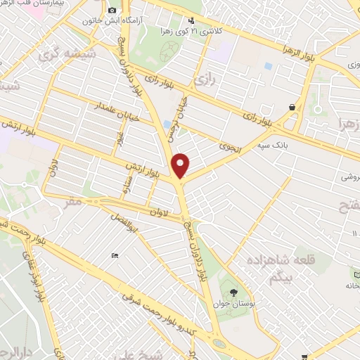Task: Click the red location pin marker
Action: [x=181, y=165]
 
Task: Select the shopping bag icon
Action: [x=292, y=107]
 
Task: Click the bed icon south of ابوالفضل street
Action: [x=115, y=255]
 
